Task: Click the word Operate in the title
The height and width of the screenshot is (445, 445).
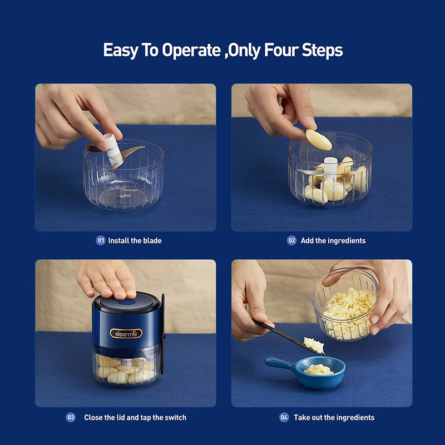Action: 191,51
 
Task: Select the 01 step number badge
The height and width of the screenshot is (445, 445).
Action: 101,240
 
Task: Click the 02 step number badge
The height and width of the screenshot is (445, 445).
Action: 291,240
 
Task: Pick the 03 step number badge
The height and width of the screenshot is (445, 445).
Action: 71,417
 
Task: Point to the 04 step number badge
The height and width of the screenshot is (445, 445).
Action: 284,417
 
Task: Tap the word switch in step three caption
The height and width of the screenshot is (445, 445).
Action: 176,418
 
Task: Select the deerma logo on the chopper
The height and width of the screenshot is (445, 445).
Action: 126,333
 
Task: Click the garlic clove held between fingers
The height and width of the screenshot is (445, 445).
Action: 318,140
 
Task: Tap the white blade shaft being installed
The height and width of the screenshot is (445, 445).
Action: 113,150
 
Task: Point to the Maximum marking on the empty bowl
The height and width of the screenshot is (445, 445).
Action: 130,190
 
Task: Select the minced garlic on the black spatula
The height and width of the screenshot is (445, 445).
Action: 314,345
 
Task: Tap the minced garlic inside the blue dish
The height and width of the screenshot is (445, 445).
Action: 318,369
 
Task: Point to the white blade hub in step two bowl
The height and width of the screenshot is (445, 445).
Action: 330,167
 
